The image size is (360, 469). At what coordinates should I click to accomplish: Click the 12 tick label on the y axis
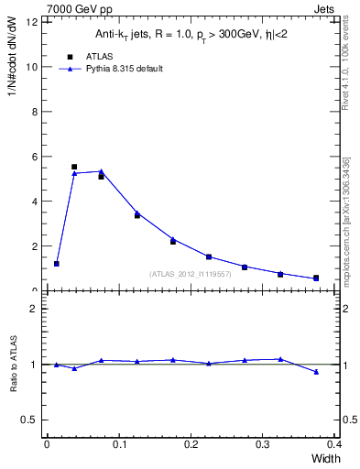pos(32,22)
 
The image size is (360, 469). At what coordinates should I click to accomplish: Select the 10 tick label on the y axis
pos(32,67)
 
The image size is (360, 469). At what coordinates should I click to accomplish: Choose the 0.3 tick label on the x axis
pos(262,444)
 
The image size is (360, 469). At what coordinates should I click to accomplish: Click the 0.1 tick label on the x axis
pos(118,444)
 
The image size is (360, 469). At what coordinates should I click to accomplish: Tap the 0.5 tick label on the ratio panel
pos(30,420)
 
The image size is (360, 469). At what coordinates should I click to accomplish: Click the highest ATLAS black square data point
pos(74,167)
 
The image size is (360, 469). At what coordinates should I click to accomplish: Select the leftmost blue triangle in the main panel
pos(57,264)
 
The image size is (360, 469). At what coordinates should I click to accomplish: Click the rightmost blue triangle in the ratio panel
pos(316,372)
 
